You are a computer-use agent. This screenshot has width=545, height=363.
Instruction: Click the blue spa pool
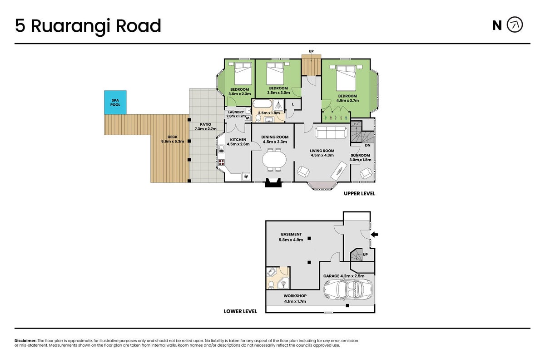(x=115, y=103)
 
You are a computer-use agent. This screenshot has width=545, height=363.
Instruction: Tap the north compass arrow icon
(x=515, y=25)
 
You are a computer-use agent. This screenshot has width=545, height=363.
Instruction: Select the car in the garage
(x=348, y=289)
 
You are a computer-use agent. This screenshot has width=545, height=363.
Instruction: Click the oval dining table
(x=274, y=160)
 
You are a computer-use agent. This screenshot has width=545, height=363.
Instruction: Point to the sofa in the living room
(x=331, y=132)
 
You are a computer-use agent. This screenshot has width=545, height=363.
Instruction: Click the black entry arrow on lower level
(x=374, y=235)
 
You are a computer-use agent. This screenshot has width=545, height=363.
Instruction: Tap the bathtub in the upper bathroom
(x=263, y=104)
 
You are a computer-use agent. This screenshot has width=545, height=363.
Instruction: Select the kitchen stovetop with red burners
(x=221, y=162)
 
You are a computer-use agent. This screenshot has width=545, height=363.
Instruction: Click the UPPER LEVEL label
(x=359, y=194)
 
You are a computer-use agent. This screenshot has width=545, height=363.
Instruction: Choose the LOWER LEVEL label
(x=240, y=311)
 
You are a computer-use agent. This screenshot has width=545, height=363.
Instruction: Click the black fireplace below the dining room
(x=273, y=182)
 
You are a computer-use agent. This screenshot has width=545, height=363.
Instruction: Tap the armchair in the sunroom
(x=366, y=173)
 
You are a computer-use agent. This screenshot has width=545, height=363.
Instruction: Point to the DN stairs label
(x=367, y=145)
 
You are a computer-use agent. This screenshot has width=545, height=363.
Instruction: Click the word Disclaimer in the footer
(x=25, y=341)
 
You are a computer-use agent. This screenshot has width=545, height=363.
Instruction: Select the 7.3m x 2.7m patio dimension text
(x=205, y=129)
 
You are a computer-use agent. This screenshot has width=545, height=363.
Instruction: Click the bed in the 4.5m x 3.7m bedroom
(x=346, y=77)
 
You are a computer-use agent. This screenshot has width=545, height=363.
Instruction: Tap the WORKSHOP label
(x=295, y=296)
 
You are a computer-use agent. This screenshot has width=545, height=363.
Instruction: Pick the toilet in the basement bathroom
(x=271, y=285)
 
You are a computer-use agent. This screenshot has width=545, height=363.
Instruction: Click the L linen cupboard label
(x=293, y=104)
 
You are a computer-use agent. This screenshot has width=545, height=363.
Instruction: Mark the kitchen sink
(x=221, y=148)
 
